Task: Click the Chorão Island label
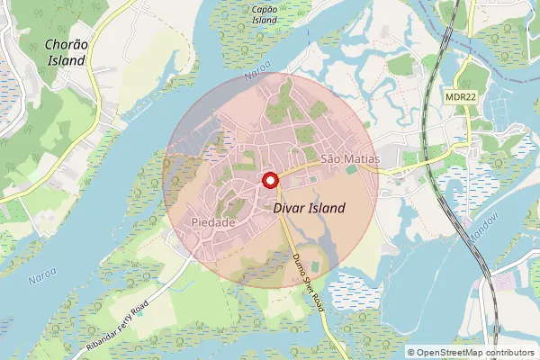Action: pyautogui.click(x=65, y=52)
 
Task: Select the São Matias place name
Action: pyautogui.click(x=350, y=158)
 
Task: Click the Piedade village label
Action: pyautogui.click(x=213, y=221)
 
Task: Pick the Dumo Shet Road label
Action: pyautogui.click(x=309, y=281)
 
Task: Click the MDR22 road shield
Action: pyautogui.click(x=460, y=93)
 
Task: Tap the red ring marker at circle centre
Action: pyautogui.click(x=268, y=180)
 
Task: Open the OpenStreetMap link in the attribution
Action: pyautogui.click(x=455, y=352)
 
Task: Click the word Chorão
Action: pyautogui.click(x=65, y=43)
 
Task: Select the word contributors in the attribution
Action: pyautogui.click(x=509, y=352)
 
